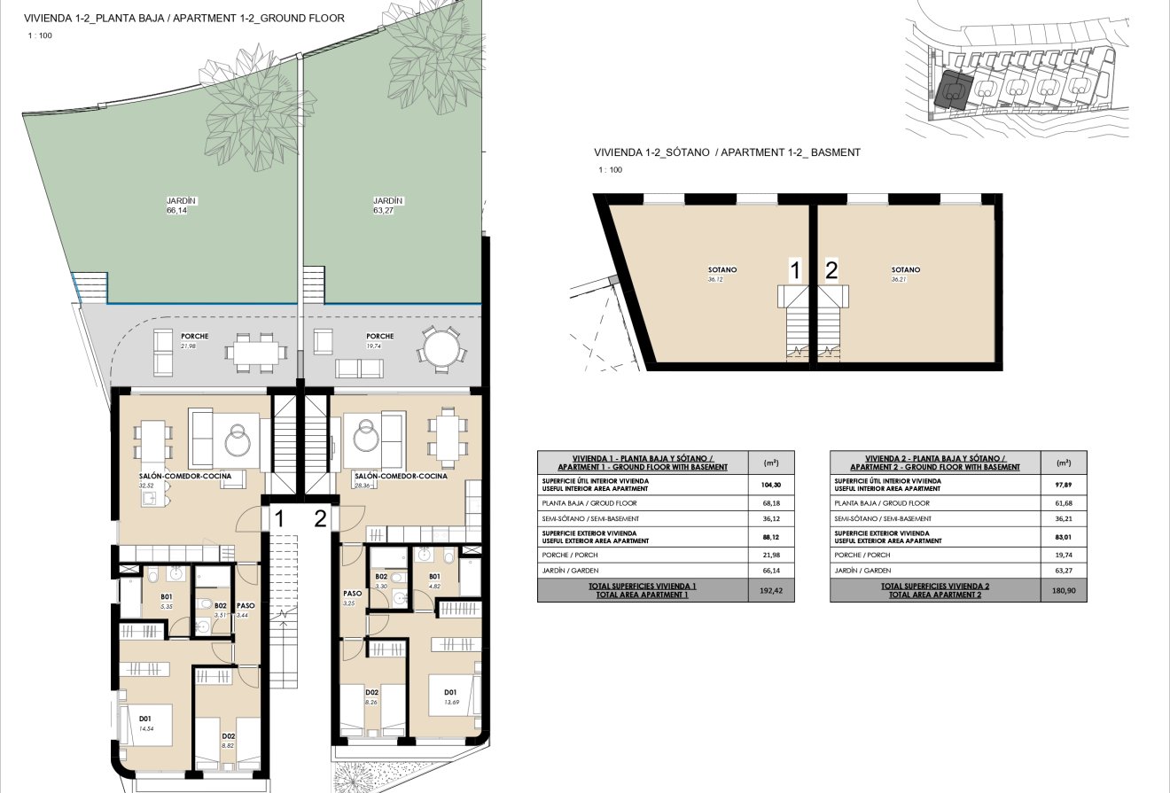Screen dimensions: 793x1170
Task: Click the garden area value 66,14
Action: (x=175, y=212)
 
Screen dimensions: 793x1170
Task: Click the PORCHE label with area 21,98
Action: (x=194, y=337)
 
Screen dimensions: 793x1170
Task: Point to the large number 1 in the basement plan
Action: (x=796, y=271)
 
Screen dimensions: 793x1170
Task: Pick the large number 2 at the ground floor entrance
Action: (x=320, y=519)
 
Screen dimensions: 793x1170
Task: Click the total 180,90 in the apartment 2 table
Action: (x=1064, y=590)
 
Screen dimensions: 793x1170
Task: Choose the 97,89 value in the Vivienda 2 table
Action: (x=1064, y=486)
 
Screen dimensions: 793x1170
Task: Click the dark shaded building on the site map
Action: (x=952, y=89)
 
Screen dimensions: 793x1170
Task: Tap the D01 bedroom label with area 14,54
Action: (x=144, y=719)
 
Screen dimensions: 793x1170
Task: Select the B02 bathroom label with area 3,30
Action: (x=382, y=577)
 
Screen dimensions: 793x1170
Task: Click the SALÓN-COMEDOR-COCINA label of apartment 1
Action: (x=184, y=477)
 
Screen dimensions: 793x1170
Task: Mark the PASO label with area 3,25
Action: (x=352, y=595)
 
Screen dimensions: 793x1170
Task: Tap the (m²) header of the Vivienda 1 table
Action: (x=771, y=463)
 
